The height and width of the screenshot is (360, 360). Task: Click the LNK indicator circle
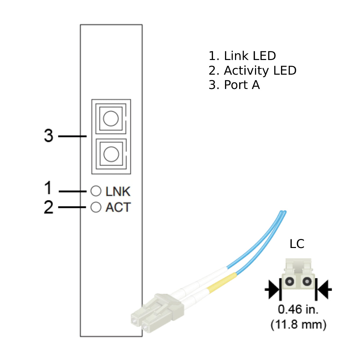96,191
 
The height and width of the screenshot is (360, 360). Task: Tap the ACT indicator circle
96,207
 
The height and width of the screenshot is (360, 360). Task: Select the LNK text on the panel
118,191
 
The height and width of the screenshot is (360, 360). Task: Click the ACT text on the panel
118,207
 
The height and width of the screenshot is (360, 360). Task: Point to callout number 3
49,136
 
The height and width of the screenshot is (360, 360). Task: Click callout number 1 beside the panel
49,188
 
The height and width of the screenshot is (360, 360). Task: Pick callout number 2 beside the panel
49,207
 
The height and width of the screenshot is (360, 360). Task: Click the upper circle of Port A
111,119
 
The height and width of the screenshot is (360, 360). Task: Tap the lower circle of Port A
111,154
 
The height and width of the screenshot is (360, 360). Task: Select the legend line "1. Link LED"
242,56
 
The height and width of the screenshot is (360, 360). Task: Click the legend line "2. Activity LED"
252,70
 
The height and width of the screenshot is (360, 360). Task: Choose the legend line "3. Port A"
234,85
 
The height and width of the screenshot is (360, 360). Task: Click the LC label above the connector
297,244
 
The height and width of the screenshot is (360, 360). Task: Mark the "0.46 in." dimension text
298,310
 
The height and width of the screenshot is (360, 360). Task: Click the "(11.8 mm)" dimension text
298,324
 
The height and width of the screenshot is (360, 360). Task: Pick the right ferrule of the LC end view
306,282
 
